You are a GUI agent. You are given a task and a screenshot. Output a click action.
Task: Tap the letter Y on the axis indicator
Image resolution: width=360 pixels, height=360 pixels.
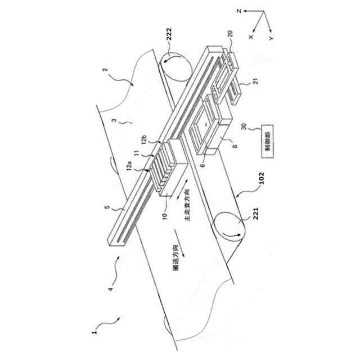point(271,38)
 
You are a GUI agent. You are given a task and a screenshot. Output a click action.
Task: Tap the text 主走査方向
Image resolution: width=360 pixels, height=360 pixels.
point(190,205)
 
